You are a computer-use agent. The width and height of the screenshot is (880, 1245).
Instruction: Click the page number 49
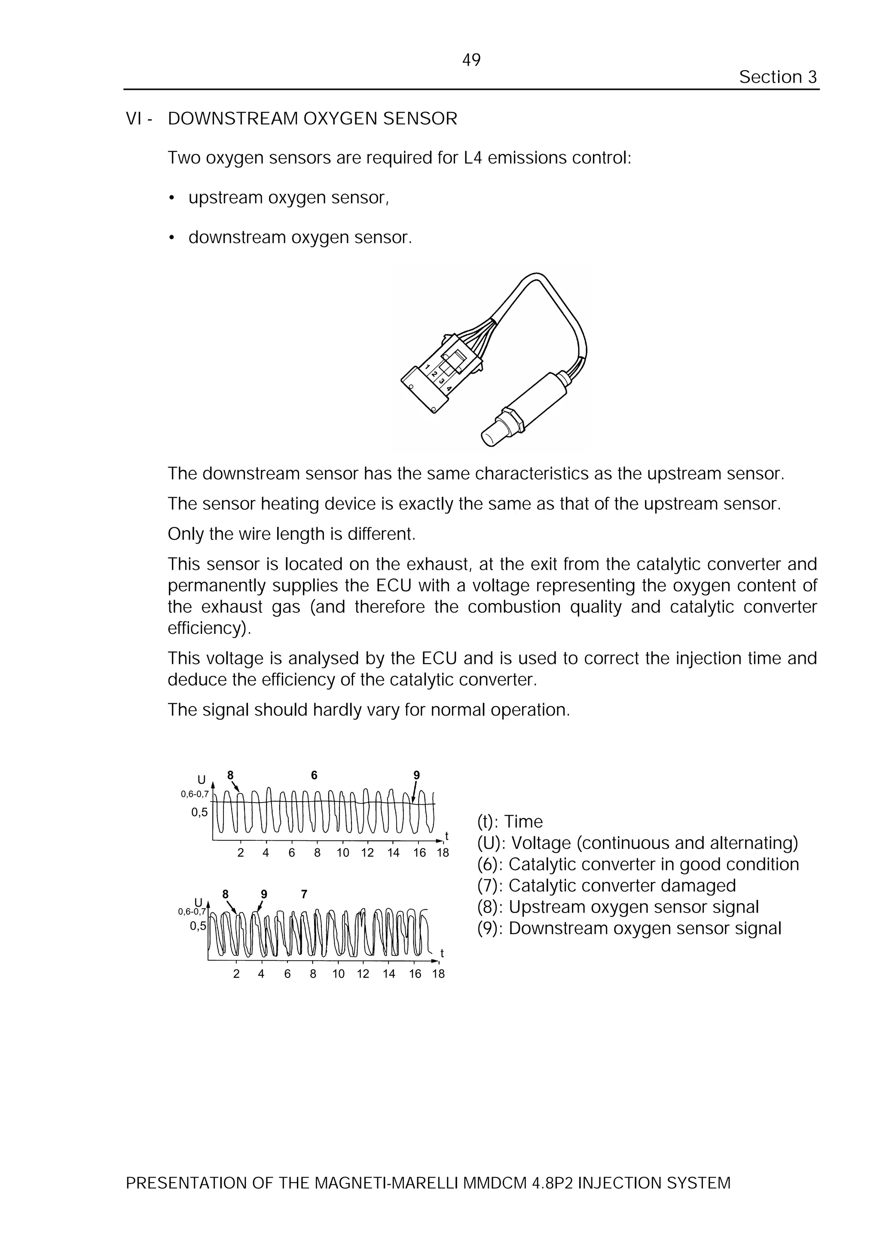471,60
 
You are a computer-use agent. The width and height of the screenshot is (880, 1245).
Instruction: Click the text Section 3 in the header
778,77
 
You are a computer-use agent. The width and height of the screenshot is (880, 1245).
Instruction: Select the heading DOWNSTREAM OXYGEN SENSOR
312,118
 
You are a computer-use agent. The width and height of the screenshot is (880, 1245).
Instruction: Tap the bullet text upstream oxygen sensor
288,198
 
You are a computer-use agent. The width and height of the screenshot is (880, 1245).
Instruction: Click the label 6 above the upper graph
314,775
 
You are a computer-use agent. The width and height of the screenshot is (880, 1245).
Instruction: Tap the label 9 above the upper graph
416,775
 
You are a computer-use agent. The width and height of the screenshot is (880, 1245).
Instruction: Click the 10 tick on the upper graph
342,852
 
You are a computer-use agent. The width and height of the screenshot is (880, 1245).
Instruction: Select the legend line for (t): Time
510,821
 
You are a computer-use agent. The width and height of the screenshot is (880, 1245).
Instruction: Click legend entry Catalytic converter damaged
606,885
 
